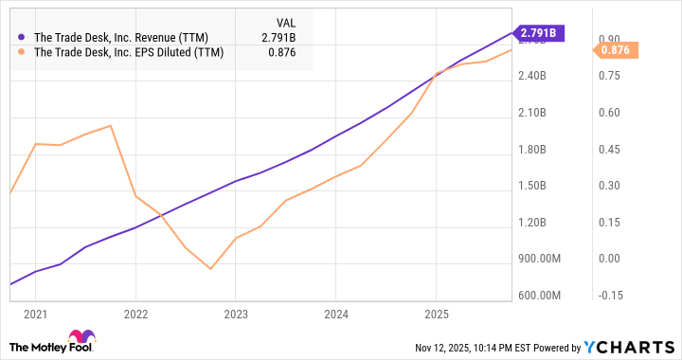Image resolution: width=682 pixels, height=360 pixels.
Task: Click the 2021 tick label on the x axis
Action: pos(35,314)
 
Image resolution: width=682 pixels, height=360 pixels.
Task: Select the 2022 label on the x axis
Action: pos(135,314)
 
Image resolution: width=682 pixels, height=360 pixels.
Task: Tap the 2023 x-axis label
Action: pos(236,314)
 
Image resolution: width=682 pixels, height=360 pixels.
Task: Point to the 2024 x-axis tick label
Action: pos(336,314)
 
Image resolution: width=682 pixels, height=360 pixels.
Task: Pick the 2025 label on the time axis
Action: pos(436,314)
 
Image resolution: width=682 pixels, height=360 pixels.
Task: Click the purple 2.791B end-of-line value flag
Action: pos(538,33)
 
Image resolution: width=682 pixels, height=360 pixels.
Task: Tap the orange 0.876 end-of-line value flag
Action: pos(621,49)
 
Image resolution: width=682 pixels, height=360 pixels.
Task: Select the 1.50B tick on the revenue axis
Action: pos(531,186)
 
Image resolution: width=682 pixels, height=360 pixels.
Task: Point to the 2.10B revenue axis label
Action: pos(531,113)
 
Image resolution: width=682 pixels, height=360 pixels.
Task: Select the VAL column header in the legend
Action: pos(285,19)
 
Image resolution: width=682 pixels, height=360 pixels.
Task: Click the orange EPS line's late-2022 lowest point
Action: pos(210,269)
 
